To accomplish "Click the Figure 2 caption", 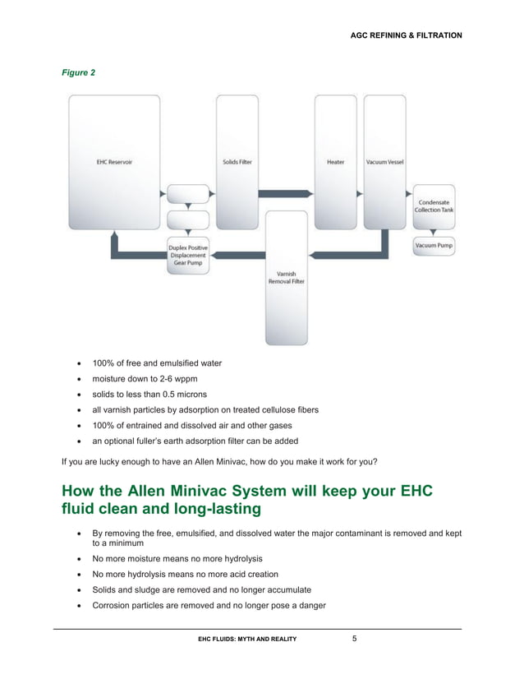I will (79, 73).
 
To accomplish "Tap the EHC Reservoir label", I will (114, 162).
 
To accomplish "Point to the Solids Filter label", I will (237, 162).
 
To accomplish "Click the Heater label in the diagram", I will (335, 162).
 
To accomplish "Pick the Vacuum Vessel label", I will (384, 162).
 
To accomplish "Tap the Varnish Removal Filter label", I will (286, 277).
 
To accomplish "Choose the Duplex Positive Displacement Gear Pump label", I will (188, 255).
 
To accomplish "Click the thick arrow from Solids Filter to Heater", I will (284, 193).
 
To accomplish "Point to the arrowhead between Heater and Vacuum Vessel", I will (359, 194).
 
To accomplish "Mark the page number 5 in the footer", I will (354, 638).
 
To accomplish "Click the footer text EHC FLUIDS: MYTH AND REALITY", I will (248, 639).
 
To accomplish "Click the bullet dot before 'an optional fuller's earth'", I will (79, 441).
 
